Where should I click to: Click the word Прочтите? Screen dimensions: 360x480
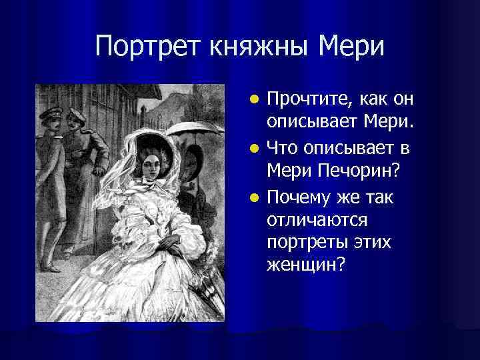(x=305, y=99)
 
